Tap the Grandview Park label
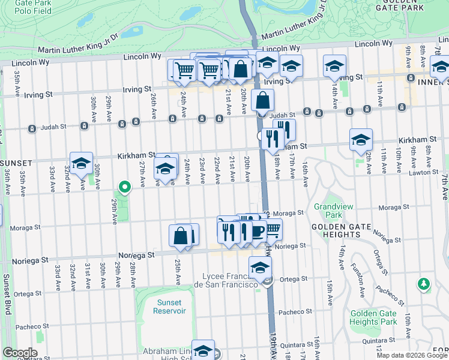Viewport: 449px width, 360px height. (327, 210)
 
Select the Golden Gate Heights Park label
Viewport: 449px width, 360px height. (373, 317)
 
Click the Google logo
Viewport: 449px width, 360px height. (19, 353)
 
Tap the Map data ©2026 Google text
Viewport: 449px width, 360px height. (412, 355)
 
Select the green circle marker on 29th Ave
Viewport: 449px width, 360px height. (124, 188)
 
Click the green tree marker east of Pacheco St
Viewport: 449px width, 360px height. (424, 283)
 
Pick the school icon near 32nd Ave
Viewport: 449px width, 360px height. (81, 163)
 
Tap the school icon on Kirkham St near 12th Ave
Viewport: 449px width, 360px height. (361, 140)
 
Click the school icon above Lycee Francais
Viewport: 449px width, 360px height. (260, 268)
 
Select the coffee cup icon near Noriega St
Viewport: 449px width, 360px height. (257, 231)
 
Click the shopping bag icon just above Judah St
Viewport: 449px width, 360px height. (263, 100)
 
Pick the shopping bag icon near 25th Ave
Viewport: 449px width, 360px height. (180, 236)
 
